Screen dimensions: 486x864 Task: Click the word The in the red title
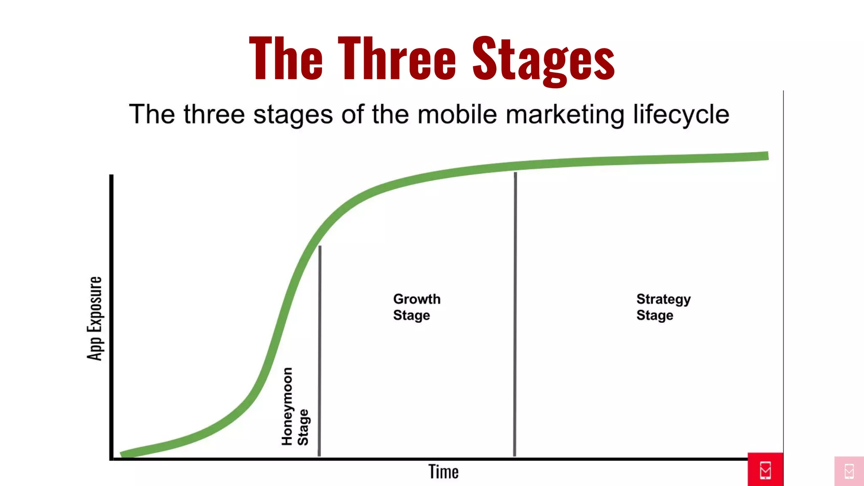(x=286, y=59)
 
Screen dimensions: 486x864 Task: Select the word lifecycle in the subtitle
(x=681, y=115)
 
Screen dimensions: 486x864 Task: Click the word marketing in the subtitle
(x=565, y=115)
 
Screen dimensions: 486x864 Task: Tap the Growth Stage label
(x=416, y=307)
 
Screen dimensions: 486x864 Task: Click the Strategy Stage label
(x=663, y=307)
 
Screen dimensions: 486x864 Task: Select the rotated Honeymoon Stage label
(x=295, y=407)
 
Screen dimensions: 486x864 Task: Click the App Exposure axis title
(x=95, y=319)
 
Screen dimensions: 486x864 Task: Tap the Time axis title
(x=443, y=472)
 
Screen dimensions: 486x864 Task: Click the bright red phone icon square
(x=765, y=470)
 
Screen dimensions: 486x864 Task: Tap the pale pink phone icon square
(x=849, y=471)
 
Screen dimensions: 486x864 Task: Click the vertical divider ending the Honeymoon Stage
(x=319, y=350)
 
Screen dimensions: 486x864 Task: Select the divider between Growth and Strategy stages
(x=515, y=314)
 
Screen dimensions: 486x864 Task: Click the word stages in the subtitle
(x=293, y=115)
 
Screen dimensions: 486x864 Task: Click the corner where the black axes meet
(x=112, y=459)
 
